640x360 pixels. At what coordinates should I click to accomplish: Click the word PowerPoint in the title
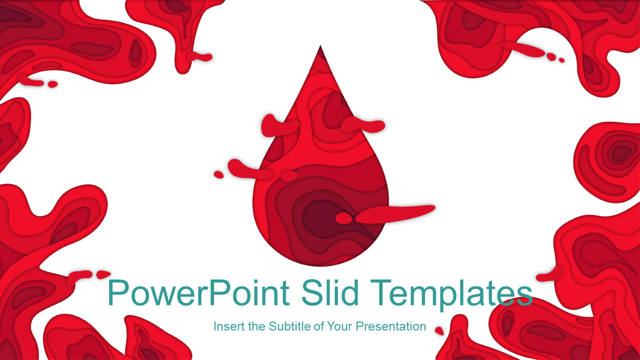[x=198, y=293]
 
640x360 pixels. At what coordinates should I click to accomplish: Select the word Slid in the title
[x=330, y=292]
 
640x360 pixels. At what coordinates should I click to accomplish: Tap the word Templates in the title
[x=451, y=294]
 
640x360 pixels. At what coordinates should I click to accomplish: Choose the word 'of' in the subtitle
[x=319, y=326]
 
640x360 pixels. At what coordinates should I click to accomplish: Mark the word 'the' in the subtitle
[x=257, y=326]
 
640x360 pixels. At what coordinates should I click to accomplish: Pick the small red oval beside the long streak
[x=343, y=218]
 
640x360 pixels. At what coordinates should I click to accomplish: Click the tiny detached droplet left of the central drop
[x=219, y=174]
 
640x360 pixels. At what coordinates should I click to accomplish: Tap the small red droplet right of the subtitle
[x=439, y=331]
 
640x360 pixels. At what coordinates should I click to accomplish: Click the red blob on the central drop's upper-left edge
[x=279, y=125]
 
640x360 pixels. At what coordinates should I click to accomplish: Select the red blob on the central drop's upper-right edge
[x=363, y=124]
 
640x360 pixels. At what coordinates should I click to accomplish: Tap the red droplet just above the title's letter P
[x=103, y=274]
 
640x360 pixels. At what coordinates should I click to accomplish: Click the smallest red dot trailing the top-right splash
[x=561, y=60]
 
